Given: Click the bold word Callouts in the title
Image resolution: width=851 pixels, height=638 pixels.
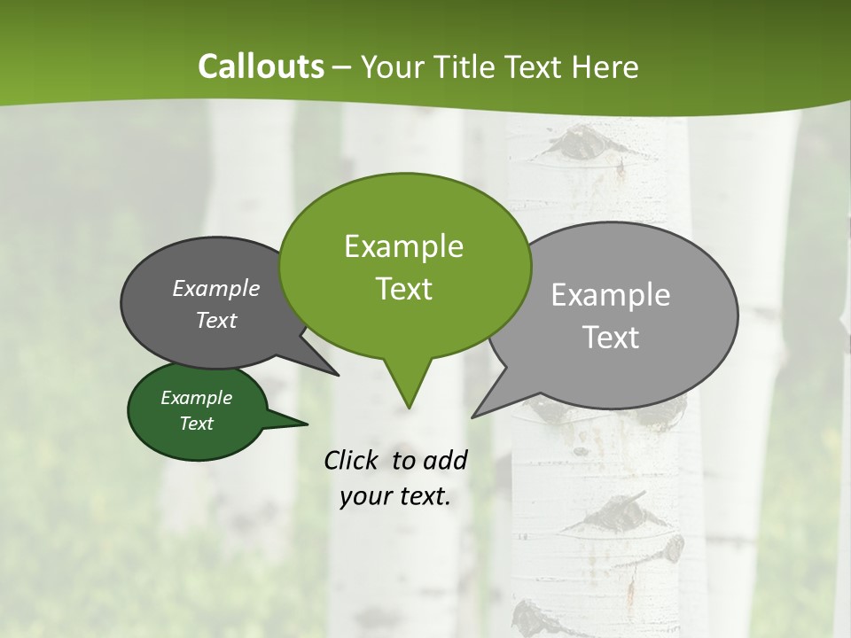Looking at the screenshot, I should coord(261,66).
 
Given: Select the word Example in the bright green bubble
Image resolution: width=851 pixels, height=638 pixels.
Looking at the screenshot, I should coord(403,246).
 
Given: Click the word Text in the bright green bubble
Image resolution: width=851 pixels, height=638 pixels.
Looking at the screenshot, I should coord(403,289).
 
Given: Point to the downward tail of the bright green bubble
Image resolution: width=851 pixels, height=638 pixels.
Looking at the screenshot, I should coord(408,390).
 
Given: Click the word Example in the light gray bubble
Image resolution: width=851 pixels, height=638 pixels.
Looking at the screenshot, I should coord(611,295).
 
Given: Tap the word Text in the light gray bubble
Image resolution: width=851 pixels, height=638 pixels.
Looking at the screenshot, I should coord(611,338).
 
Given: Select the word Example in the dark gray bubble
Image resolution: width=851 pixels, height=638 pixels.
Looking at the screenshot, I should coord(216,288).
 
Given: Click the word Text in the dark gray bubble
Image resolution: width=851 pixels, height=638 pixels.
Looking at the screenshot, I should coord(216,321).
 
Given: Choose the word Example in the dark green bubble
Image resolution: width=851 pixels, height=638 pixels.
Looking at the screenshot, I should coord(196,398).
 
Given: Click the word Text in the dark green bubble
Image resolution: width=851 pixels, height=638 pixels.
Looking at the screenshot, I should coord(196,424).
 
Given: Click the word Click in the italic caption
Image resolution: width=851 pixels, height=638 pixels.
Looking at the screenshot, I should coord(353,460).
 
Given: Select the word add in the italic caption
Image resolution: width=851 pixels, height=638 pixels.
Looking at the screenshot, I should coord(444,460).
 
